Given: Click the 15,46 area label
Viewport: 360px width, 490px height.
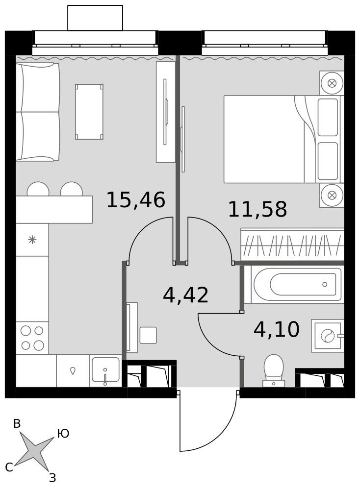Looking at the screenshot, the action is (x=136, y=200).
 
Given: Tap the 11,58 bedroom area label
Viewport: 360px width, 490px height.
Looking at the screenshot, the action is (x=257, y=209).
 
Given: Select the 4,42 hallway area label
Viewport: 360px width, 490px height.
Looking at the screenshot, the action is (x=186, y=295).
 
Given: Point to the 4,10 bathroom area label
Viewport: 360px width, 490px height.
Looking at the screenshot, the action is (x=277, y=329).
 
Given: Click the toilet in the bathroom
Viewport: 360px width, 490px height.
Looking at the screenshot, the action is (x=274, y=370).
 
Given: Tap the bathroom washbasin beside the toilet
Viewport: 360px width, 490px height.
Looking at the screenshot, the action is (x=328, y=336).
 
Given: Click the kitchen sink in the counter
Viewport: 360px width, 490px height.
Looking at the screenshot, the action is (x=105, y=370).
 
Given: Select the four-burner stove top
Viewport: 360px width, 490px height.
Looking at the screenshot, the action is (x=32, y=338).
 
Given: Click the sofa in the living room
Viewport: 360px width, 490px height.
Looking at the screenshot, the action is (x=38, y=112).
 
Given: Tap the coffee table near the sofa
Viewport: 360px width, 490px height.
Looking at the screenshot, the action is (x=89, y=112).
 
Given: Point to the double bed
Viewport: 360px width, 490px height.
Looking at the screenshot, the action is (x=283, y=139).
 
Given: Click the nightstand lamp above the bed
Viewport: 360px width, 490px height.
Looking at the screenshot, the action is (x=332, y=83).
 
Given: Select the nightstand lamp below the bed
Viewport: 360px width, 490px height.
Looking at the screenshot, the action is (x=332, y=196).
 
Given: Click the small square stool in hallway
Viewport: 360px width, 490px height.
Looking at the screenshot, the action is (x=148, y=335).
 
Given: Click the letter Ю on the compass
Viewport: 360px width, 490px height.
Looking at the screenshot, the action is (x=63, y=434).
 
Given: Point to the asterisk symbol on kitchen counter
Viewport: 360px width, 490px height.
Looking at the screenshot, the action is (x=32, y=240).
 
